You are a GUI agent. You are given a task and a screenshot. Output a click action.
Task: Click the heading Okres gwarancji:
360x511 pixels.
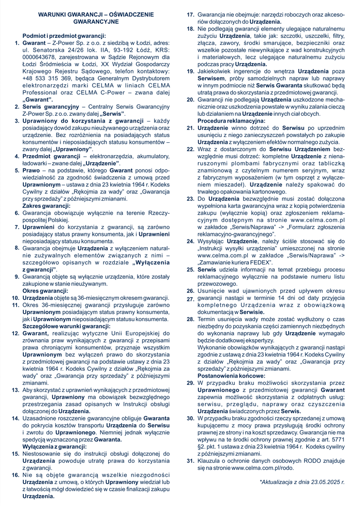coord(46,290)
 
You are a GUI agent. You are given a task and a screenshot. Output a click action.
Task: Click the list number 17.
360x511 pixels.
coord(190,16)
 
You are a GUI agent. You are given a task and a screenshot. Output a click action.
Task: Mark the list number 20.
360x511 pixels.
coord(190,98)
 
